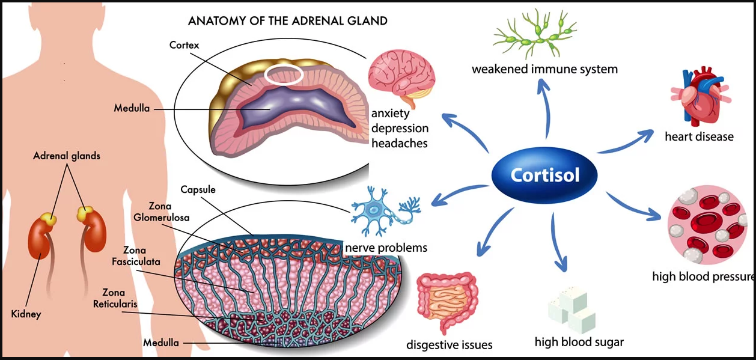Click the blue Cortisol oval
click(544, 175)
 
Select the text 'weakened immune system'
click(544, 69)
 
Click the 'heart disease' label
click(699, 136)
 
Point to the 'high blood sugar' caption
click(579, 342)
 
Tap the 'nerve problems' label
click(386, 248)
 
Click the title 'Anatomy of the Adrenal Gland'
click(288, 21)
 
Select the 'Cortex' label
click(184, 44)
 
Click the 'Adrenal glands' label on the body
click(66, 156)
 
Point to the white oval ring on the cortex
click(284, 75)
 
